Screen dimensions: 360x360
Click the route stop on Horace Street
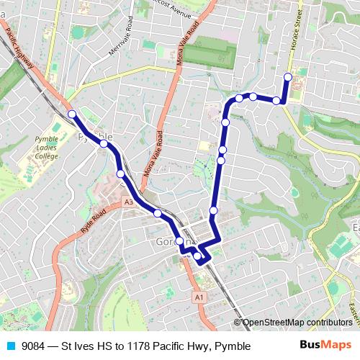(x=288, y=77)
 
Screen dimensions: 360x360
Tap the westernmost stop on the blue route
(x=72, y=114)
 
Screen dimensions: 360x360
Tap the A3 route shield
(x=128, y=203)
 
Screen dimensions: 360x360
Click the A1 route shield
(x=199, y=296)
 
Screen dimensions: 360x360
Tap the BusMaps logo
(x=325, y=346)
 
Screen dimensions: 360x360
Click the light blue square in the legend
(x=9, y=346)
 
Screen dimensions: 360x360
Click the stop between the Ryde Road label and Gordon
(x=157, y=212)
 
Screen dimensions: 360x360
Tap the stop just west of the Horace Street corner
(x=276, y=100)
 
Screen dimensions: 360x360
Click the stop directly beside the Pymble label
(x=104, y=144)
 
